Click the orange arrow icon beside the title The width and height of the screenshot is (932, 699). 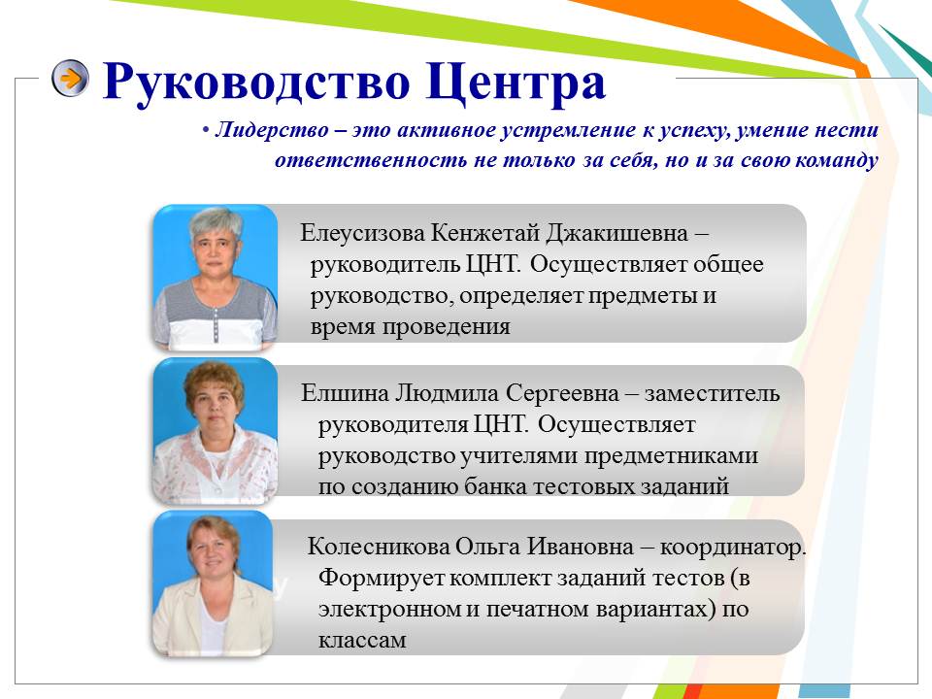coord(70,78)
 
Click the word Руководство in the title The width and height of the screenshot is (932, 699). coord(256,82)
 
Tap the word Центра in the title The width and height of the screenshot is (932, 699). coord(516,83)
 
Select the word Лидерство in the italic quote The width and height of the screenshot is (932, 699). coord(272,129)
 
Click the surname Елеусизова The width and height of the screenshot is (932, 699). coord(362,232)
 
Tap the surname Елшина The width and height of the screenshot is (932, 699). coord(345,393)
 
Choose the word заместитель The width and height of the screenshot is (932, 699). coord(712,393)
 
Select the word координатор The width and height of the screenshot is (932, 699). coord(733,548)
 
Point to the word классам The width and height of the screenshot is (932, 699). coord(362,640)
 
